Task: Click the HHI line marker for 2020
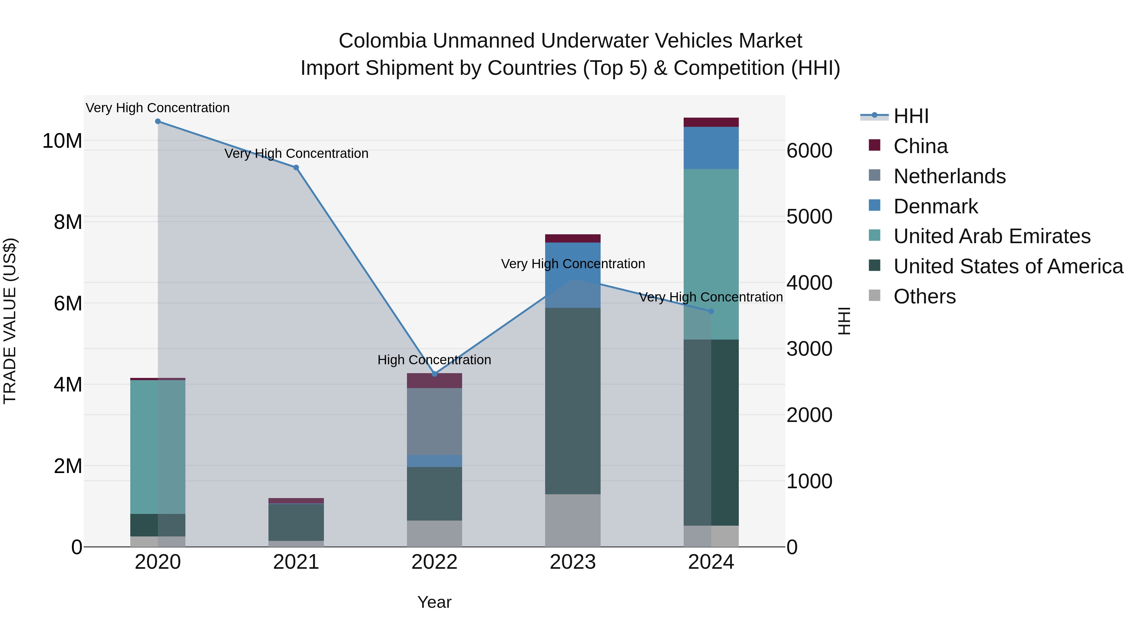[158, 121]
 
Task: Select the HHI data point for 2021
[296, 167]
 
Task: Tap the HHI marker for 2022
[435, 374]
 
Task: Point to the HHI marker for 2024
[711, 311]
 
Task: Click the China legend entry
[920, 146]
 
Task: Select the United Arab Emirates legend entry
[991, 236]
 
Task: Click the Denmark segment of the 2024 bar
[711, 148]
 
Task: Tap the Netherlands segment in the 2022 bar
[435, 421]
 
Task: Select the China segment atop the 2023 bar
[573, 238]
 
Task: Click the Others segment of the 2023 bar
[573, 520]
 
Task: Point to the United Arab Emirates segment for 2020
[158, 447]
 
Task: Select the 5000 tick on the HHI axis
[809, 217]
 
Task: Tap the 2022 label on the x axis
[435, 562]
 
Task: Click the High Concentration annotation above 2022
[434, 360]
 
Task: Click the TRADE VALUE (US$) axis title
[10, 321]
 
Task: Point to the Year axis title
[435, 602]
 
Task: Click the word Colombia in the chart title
[382, 41]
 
